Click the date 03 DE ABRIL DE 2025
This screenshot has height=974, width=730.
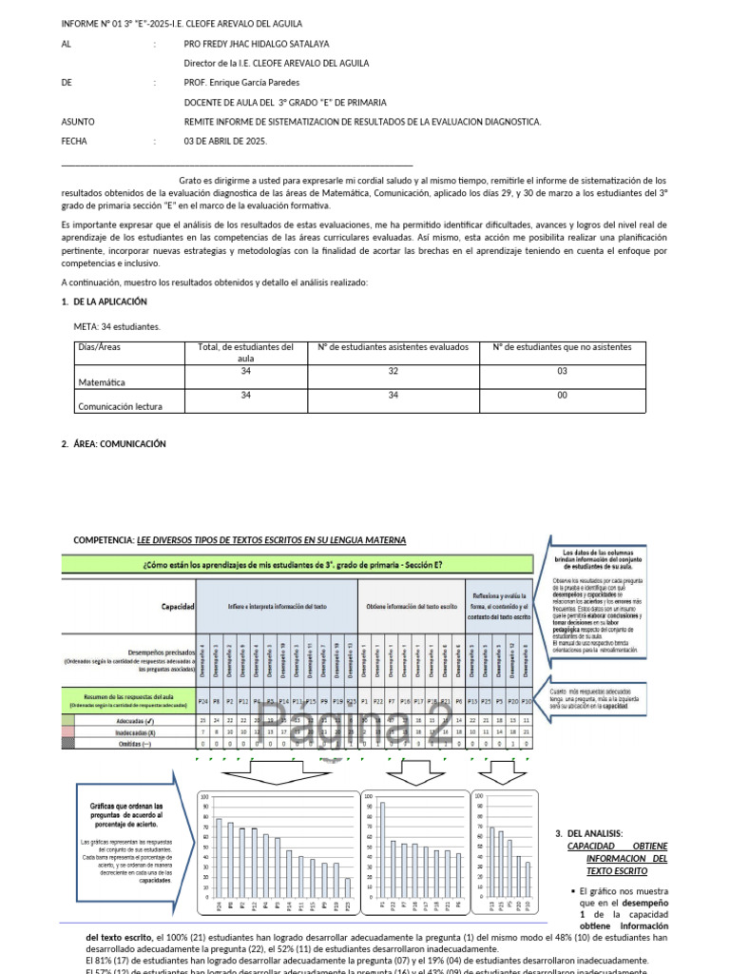(x=225, y=141)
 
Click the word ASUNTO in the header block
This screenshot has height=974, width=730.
(x=78, y=122)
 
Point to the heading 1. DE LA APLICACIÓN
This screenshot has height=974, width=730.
(x=104, y=302)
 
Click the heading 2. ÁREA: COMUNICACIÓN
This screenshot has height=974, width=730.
(x=113, y=443)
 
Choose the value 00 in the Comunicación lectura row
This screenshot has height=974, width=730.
(x=563, y=394)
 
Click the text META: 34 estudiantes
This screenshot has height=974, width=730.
(x=117, y=326)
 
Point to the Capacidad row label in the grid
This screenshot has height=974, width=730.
(x=178, y=606)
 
